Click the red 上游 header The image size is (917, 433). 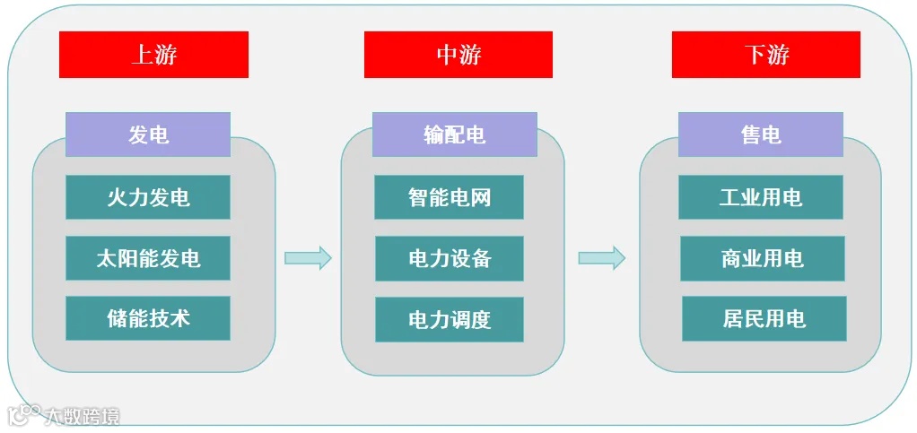pyautogui.click(x=153, y=55)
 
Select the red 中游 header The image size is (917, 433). pyautogui.click(x=458, y=55)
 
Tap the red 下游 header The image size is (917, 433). pyautogui.click(x=765, y=55)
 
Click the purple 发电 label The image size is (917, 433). pyautogui.click(x=148, y=134)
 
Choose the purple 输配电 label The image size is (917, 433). pyautogui.click(x=454, y=134)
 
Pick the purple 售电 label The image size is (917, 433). pyautogui.click(x=760, y=134)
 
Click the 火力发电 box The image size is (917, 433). pyautogui.click(x=148, y=197)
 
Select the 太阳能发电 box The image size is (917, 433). pyautogui.click(x=148, y=258)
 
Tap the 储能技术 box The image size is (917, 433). pyautogui.click(x=148, y=318)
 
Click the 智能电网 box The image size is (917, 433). pyautogui.click(x=449, y=197)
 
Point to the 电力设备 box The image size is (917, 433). pyautogui.click(x=449, y=258)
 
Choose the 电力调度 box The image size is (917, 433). pyautogui.click(x=449, y=320)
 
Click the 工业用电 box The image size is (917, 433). pyautogui.click(x=760, y=197)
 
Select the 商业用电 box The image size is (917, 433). pyautogui.click(x=762, y=258)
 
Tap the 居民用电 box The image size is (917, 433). pyautogui.click(x=764, y=318)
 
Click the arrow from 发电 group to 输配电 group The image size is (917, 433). pyautogui.click(x=308, y=258)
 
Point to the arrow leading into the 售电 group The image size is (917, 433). pyautogui.click(x=601, y=258)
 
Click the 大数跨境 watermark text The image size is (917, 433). pyautogui.click(x=83, y=416)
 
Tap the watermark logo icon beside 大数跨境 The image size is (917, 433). pyautogui.click(x=25, y=414)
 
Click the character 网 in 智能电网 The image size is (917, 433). pyautogui.click(x=480, y=197)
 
